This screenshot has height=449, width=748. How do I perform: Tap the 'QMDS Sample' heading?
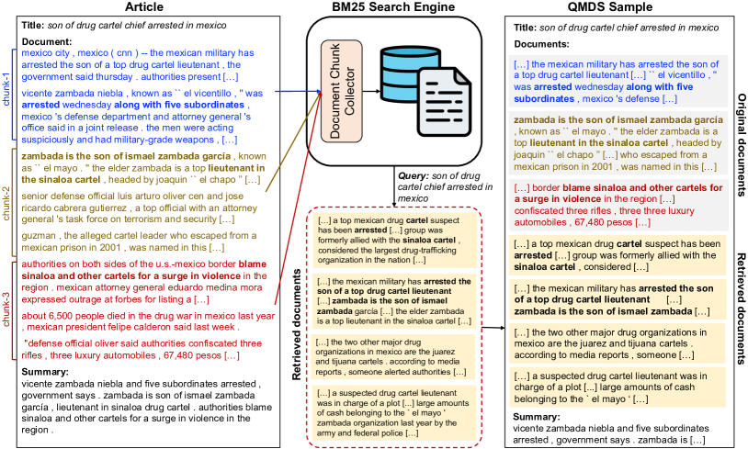[x=613, y=8]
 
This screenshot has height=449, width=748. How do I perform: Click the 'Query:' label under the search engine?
[x=413, y=174]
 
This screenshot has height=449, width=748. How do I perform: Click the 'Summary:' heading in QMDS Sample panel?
[x=535, y=416]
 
